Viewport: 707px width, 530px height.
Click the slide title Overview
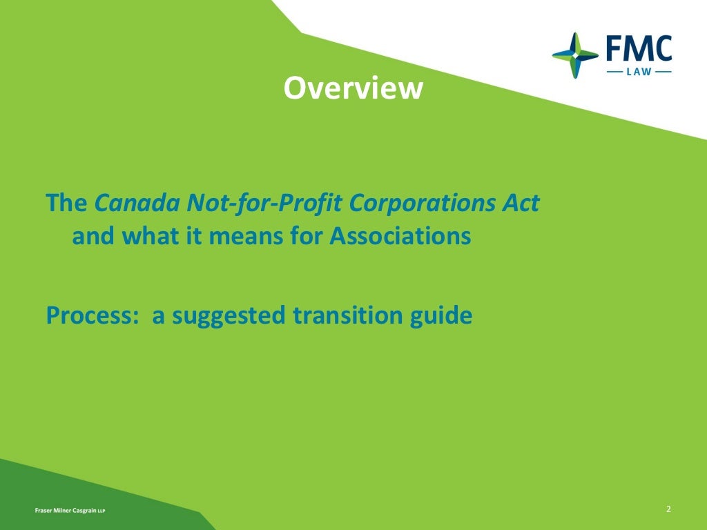[x=353, y=88]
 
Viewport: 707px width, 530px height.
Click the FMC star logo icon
[x=575, y=55]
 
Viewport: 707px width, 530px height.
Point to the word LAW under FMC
[x=639, y=71]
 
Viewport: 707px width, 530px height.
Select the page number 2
[x=668, y=509]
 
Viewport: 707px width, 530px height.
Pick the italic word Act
[x=521, y=204]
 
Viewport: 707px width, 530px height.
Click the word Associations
[x=400, y=237]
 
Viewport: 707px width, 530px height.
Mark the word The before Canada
[x=66, y=204]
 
